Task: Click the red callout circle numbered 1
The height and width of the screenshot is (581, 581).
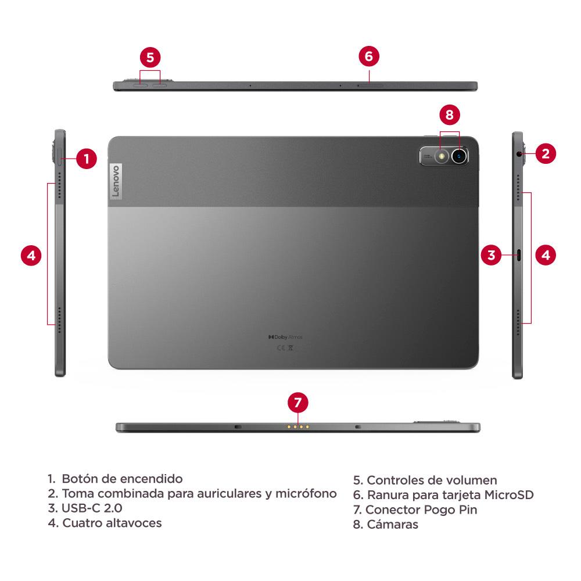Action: [x=86, y=159]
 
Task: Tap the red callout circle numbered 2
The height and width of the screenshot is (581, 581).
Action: [x=545, y=153]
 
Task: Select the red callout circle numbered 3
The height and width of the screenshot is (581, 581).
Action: [x=492, y=254]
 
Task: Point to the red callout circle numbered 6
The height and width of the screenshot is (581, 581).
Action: [x=369, y=56]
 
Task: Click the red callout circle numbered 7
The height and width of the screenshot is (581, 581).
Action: [x=297, y=402]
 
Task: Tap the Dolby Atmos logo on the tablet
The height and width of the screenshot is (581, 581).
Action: [x=285, y=337]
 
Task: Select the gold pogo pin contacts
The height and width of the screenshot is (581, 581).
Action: [x=297, y=427]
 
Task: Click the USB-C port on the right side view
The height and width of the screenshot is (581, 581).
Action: [x=518, y=254]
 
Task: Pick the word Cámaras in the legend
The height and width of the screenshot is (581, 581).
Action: [x=392, y=525]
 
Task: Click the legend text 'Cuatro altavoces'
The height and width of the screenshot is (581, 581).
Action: [x=112, y=523]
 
